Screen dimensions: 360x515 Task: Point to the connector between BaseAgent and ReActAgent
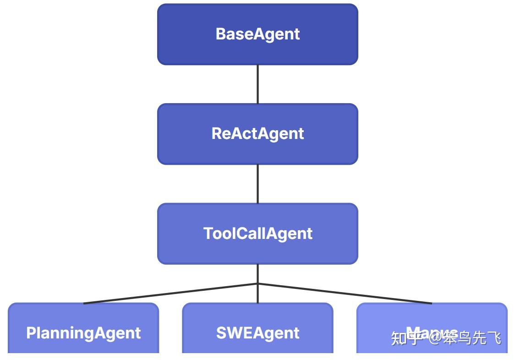pos(257,84)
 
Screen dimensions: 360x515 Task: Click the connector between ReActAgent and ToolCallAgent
pos(257,183)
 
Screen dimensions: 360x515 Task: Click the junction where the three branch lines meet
pos(257,284)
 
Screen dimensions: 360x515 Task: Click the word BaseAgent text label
pos(257,34)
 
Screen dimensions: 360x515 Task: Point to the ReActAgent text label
pos(257,133)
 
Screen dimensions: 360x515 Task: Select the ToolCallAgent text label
pos(257,233)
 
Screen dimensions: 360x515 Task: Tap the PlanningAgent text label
pos(83,333)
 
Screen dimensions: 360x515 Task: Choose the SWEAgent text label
pos(257,333)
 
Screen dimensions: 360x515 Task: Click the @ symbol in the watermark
pos(433,338)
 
